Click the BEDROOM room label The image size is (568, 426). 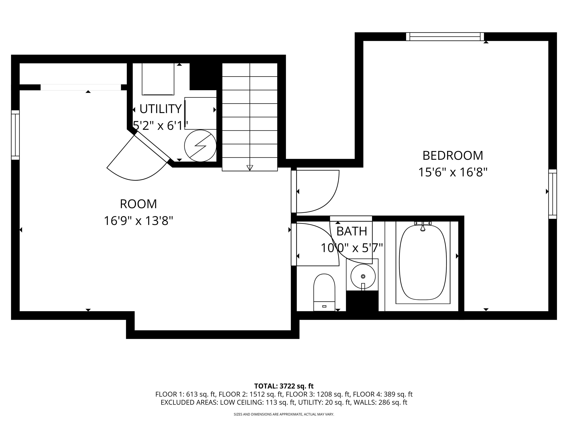coord(453,156)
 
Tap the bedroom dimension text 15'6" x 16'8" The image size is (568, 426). coord(453,172)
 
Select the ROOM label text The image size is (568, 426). coord(138,204)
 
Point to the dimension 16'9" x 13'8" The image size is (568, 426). coord(138,221)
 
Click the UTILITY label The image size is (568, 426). coord(161,109)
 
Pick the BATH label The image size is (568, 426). coord(352,231)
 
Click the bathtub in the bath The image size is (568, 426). coord(423,262)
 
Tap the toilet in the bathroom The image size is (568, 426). coord(324,292)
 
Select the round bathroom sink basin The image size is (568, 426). coord(363,276)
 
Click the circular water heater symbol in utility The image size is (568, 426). coord(200,146)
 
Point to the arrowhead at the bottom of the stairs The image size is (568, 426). coord(250,168)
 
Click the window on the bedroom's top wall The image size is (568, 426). coord(445,37)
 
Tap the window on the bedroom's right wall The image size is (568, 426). coord(553,194)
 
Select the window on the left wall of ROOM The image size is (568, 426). coord(15,135)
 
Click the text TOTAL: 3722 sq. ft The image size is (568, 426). coord(284,386)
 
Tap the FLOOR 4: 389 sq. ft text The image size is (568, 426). coord(383,394)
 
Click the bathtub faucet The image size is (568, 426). coord(423,226)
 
